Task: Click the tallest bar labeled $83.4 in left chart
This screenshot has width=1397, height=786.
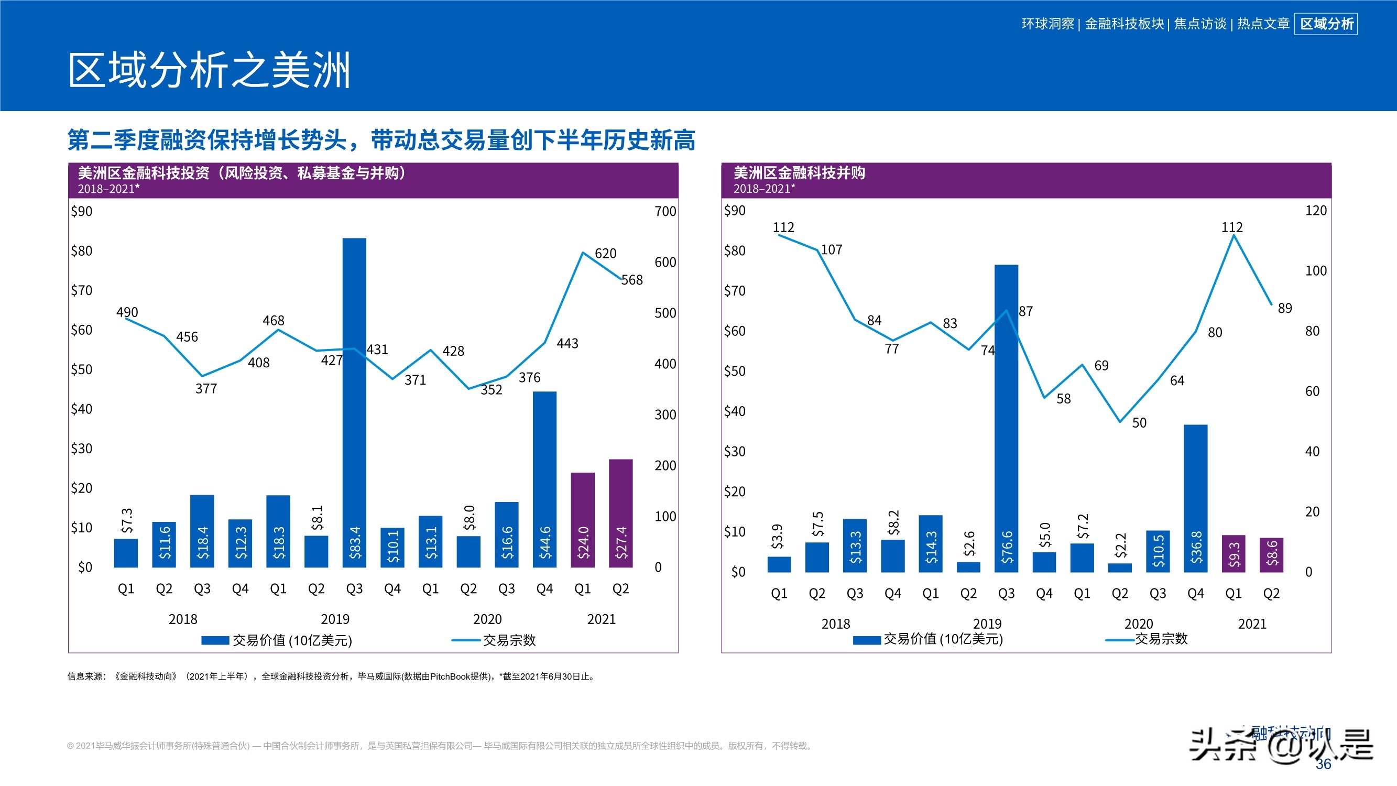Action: [354, 401]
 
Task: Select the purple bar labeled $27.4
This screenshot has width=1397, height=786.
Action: [620, 512]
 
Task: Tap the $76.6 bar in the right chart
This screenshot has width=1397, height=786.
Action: [1006, 418]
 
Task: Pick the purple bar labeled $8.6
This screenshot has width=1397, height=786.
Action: [1271, 554]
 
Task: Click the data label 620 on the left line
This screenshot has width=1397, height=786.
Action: [605, 253]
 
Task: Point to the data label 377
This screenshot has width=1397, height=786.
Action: [206, 388]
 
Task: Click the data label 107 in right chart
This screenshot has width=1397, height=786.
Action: [832, 249]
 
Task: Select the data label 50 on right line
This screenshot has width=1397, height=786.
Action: [1139, 422]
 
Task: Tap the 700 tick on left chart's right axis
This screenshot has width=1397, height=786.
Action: [665, 211]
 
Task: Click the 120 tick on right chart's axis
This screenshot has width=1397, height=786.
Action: [1316, 211]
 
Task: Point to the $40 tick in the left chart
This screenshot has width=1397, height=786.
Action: [81, 409]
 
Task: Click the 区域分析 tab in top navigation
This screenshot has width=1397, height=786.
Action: [1326, 24]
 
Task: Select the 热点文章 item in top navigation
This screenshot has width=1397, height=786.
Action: [1262, 24]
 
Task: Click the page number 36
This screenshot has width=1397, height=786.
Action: [1323, 764]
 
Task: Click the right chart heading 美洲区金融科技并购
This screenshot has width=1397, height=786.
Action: [799, 173]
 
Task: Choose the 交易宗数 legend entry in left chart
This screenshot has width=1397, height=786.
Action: [509, 640]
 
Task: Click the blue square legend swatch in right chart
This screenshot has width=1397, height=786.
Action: [866, 640]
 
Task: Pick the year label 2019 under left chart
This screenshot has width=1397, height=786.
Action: [335, 619]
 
